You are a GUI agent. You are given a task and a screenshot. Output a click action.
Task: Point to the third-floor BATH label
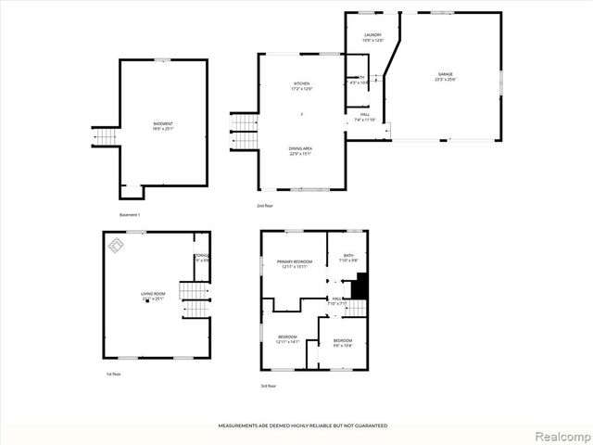point(347,257)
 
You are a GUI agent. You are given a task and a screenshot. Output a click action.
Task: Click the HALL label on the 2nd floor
point(365,116)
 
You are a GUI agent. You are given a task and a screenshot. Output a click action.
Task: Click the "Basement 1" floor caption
point(130,215)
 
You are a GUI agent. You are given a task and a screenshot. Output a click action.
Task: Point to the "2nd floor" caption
point(265,205)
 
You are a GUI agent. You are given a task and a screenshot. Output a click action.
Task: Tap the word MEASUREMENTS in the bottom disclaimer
point(243,426)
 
